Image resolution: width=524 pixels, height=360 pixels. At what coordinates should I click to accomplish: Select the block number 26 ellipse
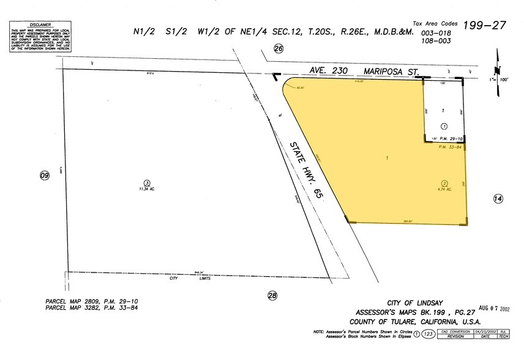coord(279,50)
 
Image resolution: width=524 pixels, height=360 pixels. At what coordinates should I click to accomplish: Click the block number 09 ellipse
coord(44,176)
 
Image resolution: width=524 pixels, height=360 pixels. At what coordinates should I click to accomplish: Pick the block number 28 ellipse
coord(272,296)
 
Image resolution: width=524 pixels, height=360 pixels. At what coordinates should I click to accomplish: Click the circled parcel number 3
coord(146,182)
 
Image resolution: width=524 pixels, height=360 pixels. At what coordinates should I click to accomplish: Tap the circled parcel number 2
coord(445,183)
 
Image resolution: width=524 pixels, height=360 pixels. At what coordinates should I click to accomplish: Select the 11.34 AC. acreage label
coord(147,189)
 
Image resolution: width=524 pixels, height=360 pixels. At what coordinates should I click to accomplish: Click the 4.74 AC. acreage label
coord(444,190)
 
